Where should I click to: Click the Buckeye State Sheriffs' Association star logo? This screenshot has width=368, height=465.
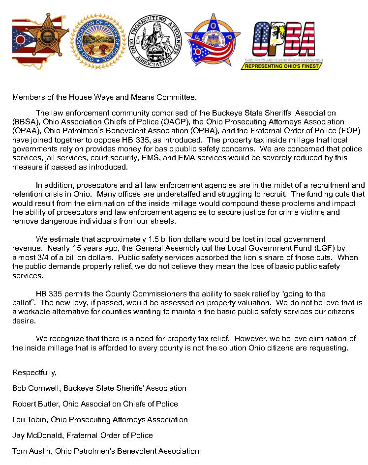point(40,41)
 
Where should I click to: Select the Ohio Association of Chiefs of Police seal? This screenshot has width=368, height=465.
point(97,40)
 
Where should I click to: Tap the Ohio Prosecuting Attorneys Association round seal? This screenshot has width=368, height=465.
point(155,40)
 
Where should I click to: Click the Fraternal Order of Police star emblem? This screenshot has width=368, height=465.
point(213,40)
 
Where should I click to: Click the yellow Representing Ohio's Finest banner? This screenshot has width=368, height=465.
point(281,65)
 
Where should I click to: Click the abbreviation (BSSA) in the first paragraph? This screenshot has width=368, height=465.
point(24,120)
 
